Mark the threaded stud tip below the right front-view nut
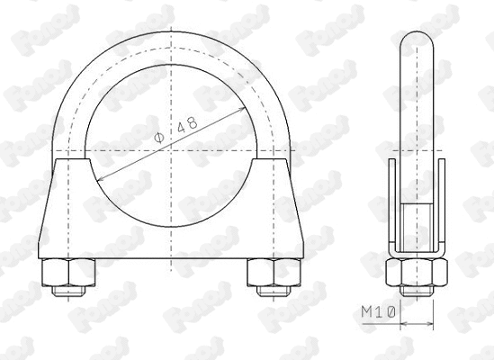[x=266, y=291]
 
